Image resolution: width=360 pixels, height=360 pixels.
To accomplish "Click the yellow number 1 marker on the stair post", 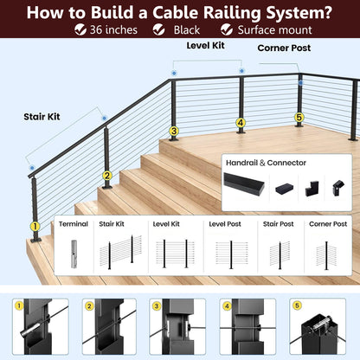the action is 35,227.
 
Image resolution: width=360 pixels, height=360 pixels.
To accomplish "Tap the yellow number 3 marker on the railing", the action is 174,132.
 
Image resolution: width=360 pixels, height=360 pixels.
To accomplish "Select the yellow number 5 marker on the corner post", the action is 299,118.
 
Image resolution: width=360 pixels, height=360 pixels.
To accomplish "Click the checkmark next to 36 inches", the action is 80,29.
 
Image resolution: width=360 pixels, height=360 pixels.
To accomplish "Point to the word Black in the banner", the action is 187,30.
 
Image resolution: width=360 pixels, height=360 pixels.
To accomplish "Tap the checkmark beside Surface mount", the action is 227,29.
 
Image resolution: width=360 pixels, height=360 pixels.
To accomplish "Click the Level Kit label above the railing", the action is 205,46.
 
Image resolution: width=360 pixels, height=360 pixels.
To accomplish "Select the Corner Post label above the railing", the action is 284,48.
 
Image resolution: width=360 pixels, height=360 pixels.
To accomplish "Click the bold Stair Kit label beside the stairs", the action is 42,117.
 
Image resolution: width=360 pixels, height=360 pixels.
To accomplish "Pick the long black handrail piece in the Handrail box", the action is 244,184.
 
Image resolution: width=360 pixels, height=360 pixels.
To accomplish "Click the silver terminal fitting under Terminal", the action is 74,254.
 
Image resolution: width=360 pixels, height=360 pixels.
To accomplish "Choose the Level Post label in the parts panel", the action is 225,224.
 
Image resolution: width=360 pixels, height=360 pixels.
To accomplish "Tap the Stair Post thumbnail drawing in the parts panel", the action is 280,254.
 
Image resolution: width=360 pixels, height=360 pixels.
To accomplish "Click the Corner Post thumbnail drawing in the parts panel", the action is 326,255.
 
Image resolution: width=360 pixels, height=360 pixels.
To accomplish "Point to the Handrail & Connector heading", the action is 266,163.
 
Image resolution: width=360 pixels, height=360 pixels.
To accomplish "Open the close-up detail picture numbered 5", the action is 318,326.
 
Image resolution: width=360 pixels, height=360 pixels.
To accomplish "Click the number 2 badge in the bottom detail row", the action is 89,306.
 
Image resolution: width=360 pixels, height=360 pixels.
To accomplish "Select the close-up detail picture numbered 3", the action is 177,326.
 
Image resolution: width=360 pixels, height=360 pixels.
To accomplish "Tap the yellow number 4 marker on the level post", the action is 241,123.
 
